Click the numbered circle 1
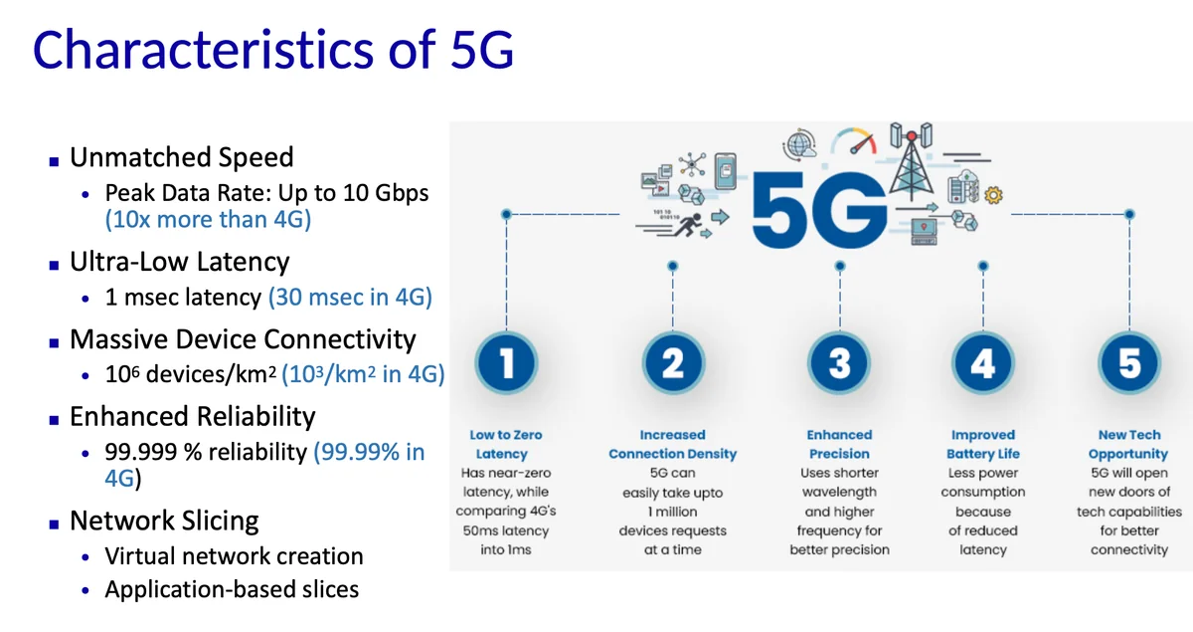[x=506, y=363]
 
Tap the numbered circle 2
[x=673, y=363]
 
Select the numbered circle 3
[x=839, y=363]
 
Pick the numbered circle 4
[x=983, y=363]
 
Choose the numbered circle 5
[x=1129, y=363]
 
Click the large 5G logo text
[x=819, y=210]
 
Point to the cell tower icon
[x=912, y=160]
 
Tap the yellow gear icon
[x=993, y=195]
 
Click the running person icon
[x=688, y=226]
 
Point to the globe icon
[x=799, y=144]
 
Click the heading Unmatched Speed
[x=182, y=157]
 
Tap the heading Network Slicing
[x=164, y=522]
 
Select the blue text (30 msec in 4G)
[x=350, y=297]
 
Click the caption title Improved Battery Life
[x=983, y=444]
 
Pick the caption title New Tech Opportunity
[x=1128, y=444]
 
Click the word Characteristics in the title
[x=203, y=50]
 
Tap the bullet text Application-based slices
[x=232, y=589]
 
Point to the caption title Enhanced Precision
[x=839, y=444]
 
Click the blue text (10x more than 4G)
[x=208, y=220]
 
